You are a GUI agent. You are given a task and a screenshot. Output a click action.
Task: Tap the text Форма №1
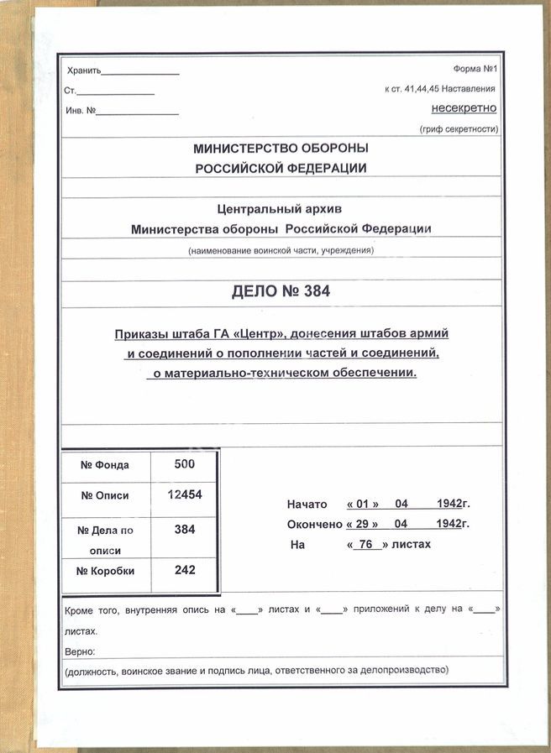[475, 70]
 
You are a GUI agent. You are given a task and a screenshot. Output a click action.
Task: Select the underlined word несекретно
[464, 108]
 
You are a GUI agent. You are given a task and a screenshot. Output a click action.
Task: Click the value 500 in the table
[184, 464]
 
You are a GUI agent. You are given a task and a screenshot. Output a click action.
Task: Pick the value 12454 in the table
[185, 494]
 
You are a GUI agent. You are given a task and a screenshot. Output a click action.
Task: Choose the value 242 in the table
[185, 569]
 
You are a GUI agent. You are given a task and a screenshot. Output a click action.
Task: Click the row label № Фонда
[105, 465]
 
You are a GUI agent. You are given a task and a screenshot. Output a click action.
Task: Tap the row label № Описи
[105, 495]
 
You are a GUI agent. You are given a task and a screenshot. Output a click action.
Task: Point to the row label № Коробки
[105, 571]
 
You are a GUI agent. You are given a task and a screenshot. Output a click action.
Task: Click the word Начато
[307, 505]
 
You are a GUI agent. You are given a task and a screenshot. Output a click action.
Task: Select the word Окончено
[314, 524]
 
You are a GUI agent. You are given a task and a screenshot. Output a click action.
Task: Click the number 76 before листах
[365, 544]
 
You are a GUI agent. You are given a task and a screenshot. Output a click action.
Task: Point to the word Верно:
[80, 651]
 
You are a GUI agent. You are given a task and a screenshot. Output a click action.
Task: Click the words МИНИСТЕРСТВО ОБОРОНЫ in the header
[281, 149]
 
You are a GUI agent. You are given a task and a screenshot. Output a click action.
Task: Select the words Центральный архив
[281, 208]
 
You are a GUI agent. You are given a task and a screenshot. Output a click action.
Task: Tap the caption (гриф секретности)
[458, 129]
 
